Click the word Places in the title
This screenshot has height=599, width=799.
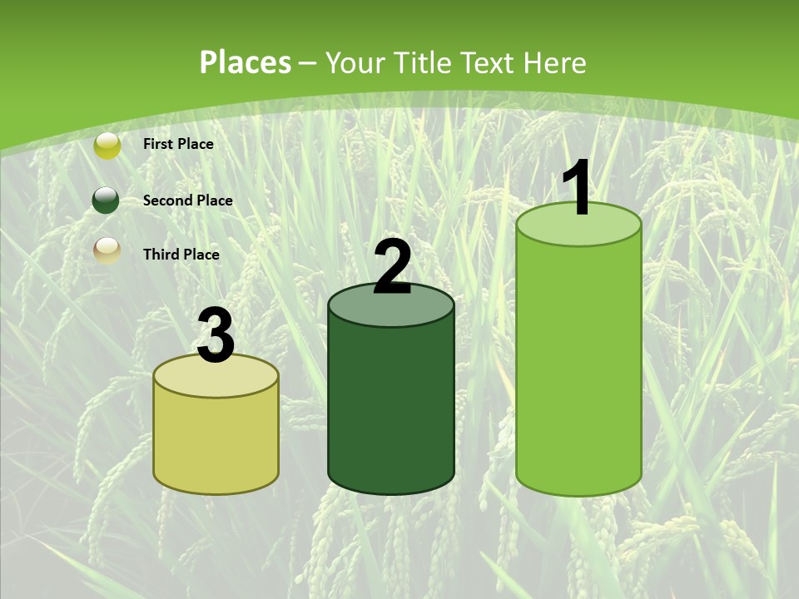[x=246, y=62]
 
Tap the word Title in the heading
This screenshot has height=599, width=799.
[x=422, y=62]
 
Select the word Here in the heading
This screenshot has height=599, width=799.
[x=554, y=62]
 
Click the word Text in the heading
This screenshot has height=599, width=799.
[x=487, y=62]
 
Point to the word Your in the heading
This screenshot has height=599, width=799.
[x=355, y=62]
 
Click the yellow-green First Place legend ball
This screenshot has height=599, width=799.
[x=107, y=145]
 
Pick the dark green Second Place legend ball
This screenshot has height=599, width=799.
[x=106, y=200]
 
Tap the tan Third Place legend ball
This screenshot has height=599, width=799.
[x=107, y=249]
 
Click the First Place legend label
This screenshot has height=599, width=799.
[x=178, y=144]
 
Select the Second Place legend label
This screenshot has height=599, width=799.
[x=187, y=200]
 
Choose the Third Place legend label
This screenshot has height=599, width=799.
[x=181, y=255]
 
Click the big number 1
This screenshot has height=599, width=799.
[x=577, y=189]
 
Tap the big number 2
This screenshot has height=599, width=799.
[x=392, y=267]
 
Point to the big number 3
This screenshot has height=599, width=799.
[x=216, y=336]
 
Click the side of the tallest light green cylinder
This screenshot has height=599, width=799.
[x=579, y=366]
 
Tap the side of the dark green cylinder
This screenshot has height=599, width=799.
[x=391, y=408]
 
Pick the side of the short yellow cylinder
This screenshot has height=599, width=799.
[x=216, y=441]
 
